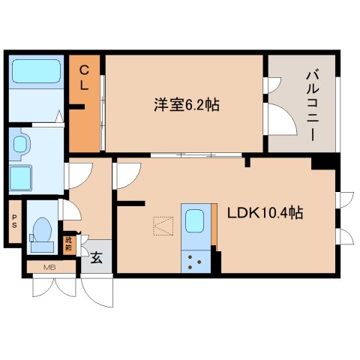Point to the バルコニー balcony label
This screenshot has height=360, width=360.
point(310,104)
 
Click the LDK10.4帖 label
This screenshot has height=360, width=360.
point(265,213)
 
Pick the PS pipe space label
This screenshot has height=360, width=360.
point(13,221)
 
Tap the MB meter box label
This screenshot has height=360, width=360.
point(49,267)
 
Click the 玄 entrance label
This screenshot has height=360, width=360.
point(97,258)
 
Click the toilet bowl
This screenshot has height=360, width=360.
point(43,230)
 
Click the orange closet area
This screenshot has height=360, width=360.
point(85,120)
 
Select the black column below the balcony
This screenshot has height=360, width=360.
point(323,161)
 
